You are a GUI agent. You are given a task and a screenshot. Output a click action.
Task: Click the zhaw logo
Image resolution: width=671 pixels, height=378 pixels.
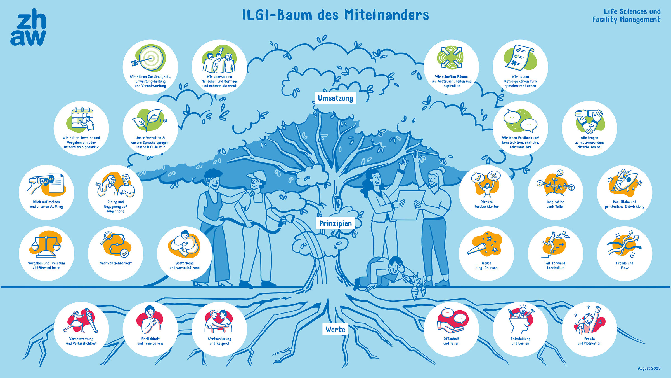(x=28, y=27)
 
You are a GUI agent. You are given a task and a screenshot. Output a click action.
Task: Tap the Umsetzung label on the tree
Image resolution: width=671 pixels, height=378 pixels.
(x=335, y=98)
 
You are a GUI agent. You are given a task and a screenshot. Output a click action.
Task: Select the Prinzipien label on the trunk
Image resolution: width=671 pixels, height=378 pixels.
(x=335, y=223)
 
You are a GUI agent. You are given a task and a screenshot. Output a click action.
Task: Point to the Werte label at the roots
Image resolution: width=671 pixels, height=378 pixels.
(x=335, y=330)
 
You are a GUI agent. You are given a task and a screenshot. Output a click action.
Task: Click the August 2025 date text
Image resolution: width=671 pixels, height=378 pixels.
(x=649, y=368)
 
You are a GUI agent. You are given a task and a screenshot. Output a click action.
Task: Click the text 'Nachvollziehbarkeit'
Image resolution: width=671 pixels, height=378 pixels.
(x=115, y=263)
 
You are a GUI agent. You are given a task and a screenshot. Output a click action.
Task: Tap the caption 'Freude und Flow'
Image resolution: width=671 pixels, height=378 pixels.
(x=625, y=265)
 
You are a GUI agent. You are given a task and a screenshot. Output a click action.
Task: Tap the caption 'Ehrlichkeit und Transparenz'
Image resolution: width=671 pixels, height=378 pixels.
(x=150, y=341)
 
